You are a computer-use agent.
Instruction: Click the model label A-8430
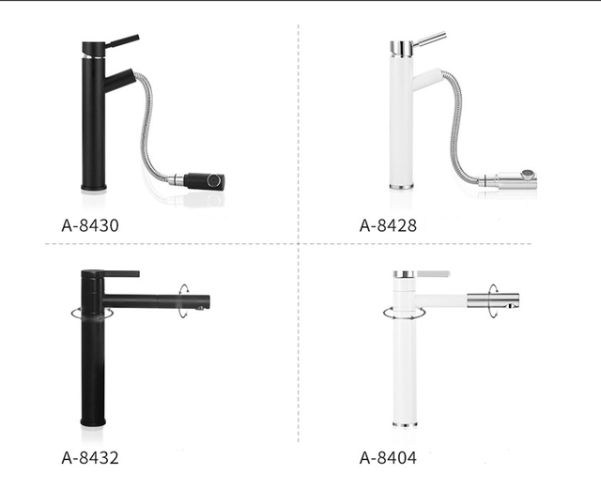(90, 225)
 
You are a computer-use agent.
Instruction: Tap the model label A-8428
(388, 225)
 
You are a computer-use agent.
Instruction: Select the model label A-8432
(90, 458)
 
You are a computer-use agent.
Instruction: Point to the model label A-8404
(388, 458)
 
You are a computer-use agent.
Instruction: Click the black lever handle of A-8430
(122, 41)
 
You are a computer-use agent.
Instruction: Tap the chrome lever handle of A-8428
(430, 38)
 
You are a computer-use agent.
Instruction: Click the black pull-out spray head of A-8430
(204, 181)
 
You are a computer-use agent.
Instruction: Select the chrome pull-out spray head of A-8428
(514, 179)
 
